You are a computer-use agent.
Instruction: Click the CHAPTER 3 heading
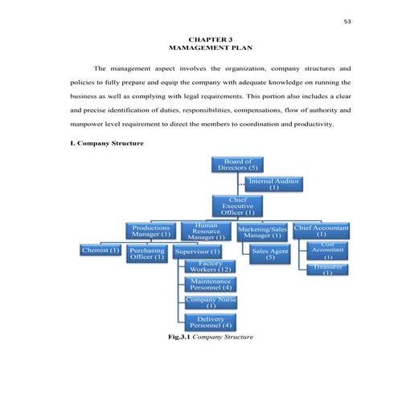point(199,39)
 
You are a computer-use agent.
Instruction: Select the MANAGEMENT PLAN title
point(199,48)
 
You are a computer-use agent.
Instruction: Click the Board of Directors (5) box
point(237,166)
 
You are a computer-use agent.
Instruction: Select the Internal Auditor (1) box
point(274,184)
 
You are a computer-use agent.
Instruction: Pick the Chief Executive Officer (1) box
point(237,206)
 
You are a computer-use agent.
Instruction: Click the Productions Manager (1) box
point(151,232)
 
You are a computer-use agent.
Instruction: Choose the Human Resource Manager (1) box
point(207,232)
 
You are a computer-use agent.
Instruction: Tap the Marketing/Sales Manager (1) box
point(263,232)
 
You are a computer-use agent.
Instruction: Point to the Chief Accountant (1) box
point(321,232)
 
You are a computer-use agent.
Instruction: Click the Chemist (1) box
point(101,251)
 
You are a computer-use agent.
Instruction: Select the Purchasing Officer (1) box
point(147,253)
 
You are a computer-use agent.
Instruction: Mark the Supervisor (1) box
point(198,252)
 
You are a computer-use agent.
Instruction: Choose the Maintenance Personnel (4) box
point(211,285)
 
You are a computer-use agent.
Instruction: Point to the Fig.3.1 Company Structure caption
point(207,337)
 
